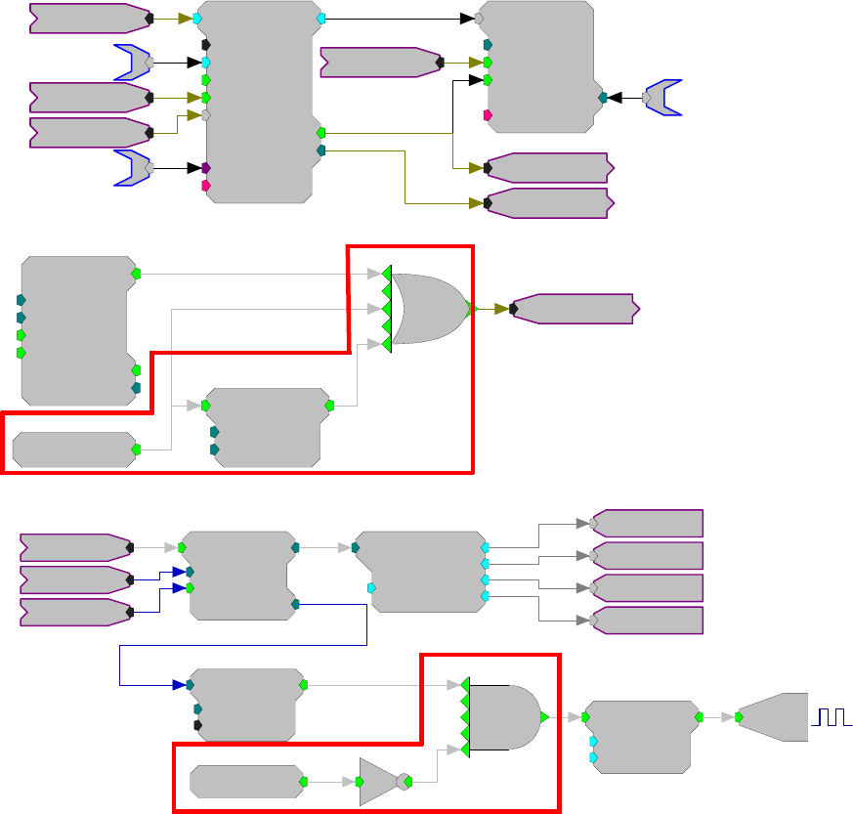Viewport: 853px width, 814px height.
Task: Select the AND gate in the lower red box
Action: pyautogui.click(x=503, y=716)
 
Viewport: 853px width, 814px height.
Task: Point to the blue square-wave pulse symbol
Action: pyautogui.click(x=831, y=718)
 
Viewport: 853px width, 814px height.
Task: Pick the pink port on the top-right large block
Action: pyautogui.click(x=488, y=115)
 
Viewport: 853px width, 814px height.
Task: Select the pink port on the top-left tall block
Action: pyautogui.click(x=205, y=185)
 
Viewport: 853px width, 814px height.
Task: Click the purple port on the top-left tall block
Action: pyautogui.click(x=205, y=168)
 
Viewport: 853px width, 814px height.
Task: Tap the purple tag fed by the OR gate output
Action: pyautogui.click(x=575, y=309)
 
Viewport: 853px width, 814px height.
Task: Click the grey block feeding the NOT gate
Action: pyautogui.click(x=245, y=782)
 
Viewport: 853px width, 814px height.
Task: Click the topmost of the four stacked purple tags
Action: pyautogui.click(x=647, y=523)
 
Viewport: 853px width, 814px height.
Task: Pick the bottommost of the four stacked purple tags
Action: pyautogui.click(x=647, y=620)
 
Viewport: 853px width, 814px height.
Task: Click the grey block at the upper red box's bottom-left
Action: pyautogui.click(x=73, y=450)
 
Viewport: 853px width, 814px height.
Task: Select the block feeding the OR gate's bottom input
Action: pyautogui.click(x=266, y=427)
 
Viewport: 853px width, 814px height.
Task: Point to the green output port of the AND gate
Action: pyautogui.click(x=543, y=716)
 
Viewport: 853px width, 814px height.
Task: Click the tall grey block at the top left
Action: pyautogui.click(x=260, y=102)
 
